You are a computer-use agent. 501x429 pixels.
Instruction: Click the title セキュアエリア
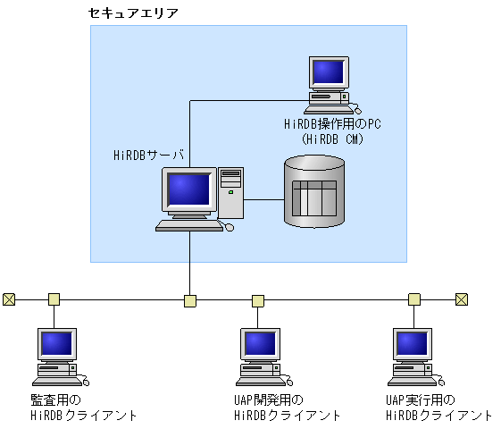coord(134,13)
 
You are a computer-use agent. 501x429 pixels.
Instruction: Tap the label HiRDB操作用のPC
coord(331,124)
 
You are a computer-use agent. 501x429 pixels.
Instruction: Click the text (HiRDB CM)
coord(332,139)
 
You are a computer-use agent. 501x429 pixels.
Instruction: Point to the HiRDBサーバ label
coord(148,154)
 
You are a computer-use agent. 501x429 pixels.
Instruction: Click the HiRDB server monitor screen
coord(188,189)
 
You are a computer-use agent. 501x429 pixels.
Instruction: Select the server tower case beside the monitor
coord(230,192)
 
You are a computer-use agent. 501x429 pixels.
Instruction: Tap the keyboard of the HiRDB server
coord(188,226)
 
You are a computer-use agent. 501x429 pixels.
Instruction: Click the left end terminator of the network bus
coord(9,299)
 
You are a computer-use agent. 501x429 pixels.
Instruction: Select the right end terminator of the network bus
coord(461,299)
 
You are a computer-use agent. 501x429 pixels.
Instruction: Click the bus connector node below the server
coord(189,300)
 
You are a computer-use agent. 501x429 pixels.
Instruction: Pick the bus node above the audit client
coord(54,299)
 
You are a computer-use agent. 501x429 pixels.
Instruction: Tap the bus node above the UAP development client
coord(258,300)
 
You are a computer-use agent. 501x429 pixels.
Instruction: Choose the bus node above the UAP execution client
coord(414,299)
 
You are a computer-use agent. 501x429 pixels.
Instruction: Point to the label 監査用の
coord(55,400)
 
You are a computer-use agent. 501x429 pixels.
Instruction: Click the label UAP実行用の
coord(420,400)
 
